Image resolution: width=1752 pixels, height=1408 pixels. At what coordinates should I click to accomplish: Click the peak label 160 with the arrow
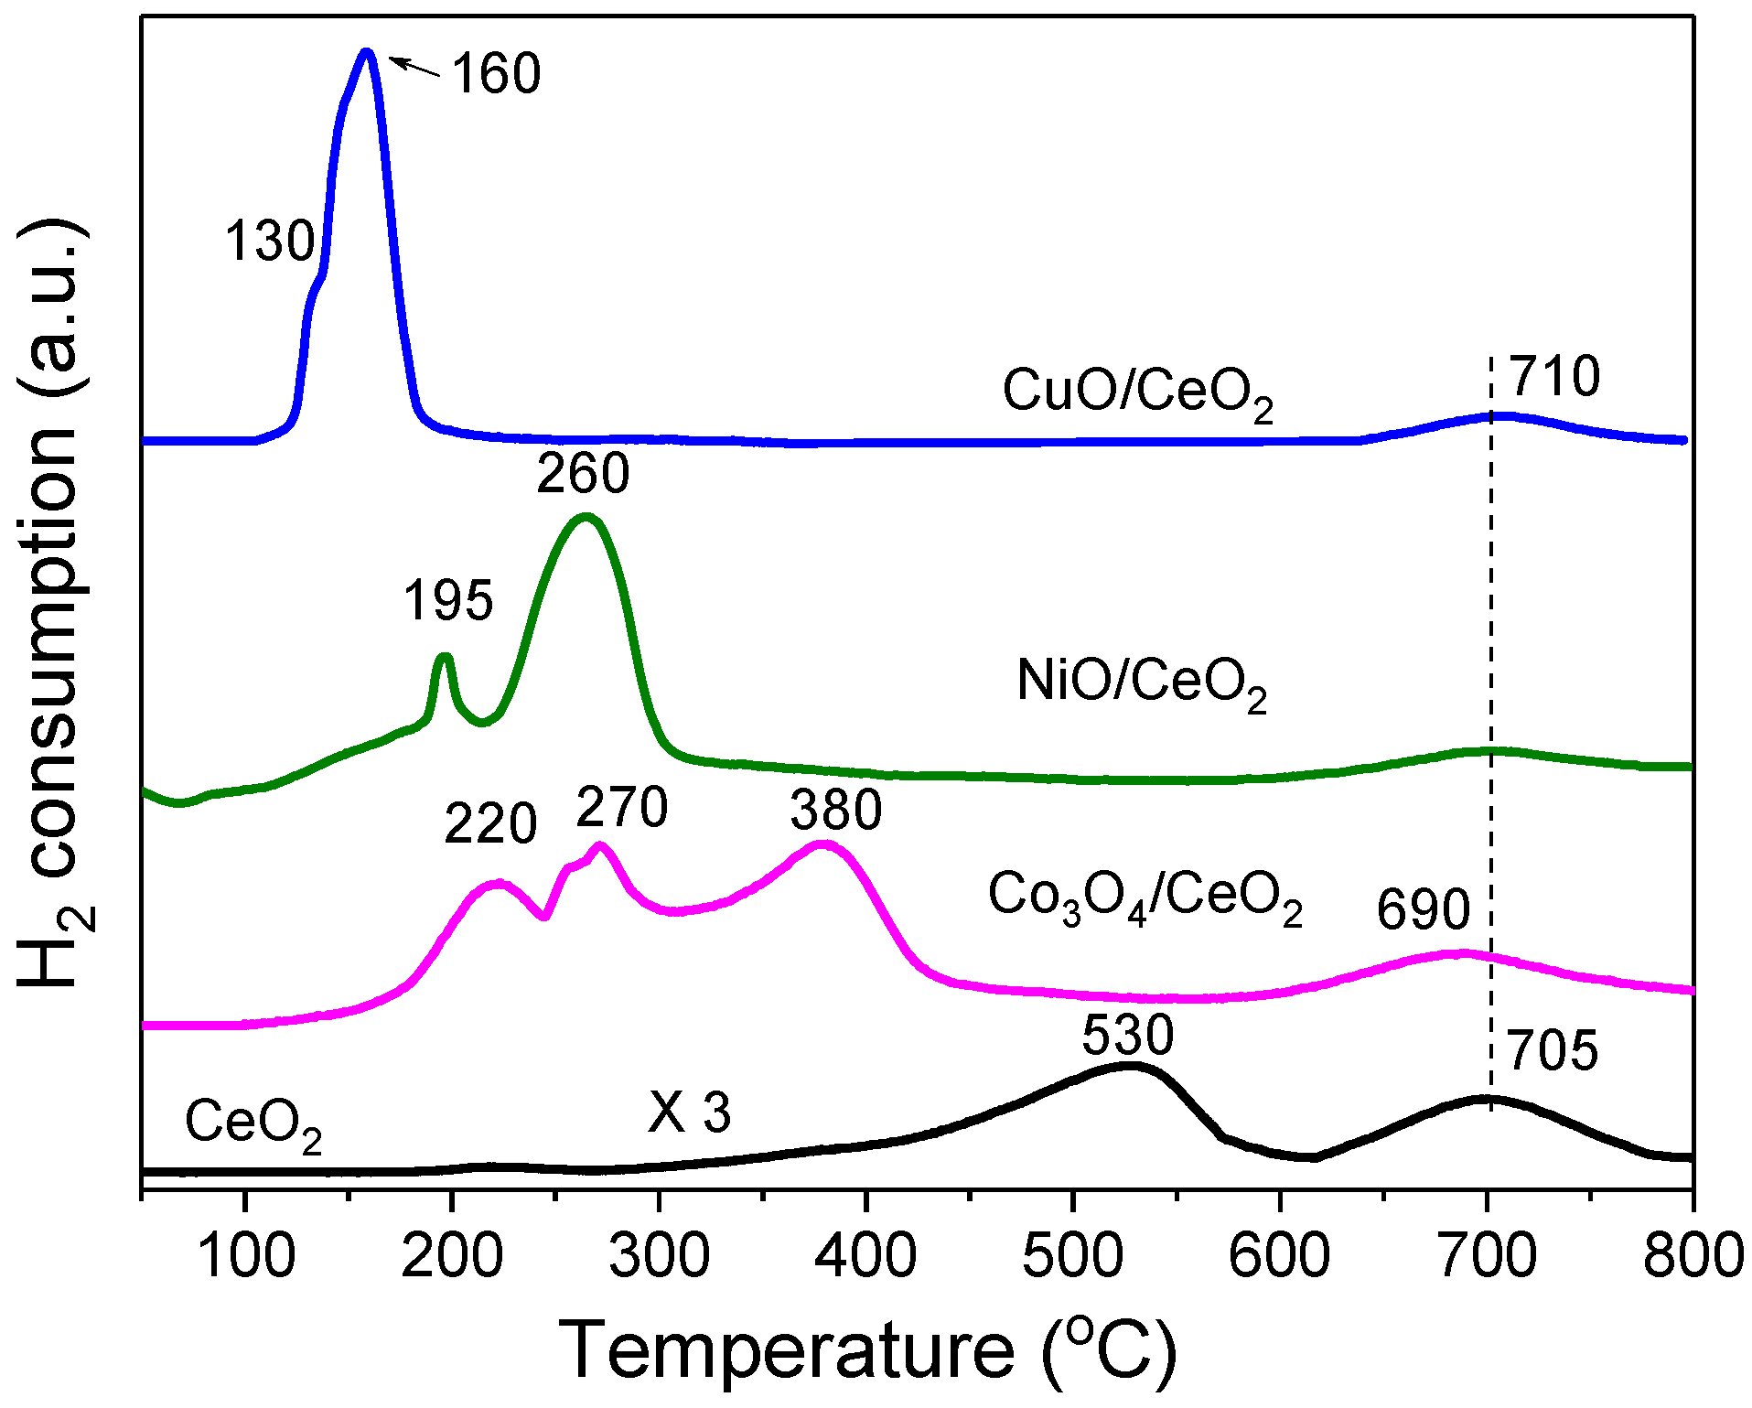pyautogui.click(x=497, y=73)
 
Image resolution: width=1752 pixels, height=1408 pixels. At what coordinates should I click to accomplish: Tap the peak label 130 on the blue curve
pyautogui.click(x=270, y=242)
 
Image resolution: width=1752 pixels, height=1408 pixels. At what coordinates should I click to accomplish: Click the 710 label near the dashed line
pyautogui.click(x=1554, y=376)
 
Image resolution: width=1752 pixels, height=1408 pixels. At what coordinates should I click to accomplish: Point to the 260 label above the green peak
pyautogui.click(x=583, y=473)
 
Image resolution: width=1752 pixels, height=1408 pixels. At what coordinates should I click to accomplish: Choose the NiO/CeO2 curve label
pyautogui.click(x=1142, y=683)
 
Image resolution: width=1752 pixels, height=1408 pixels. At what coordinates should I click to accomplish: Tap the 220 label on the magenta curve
pyautogui.click(x=490, y=823)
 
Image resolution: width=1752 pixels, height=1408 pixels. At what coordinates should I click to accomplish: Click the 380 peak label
pyautogui.click(x=836, y=811)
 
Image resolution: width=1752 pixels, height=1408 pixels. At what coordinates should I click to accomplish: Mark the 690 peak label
pyautogui.click(x=1424, y=909)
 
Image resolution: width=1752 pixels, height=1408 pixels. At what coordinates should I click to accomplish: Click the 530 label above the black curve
pyautogui.click(x=1128, y=1036)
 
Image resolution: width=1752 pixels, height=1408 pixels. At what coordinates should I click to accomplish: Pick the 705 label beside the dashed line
pyautogui.click(x=1553, y=1050)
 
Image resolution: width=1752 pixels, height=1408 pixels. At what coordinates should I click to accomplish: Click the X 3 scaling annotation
pyautogui.click(x=690, y=1113)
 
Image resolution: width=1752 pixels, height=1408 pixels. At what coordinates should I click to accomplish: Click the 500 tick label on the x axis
pyautogui.click(x=1073, y=1256)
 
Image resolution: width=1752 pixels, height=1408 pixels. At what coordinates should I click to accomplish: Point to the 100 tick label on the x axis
pyautogui.click(x=245, y=1256)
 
